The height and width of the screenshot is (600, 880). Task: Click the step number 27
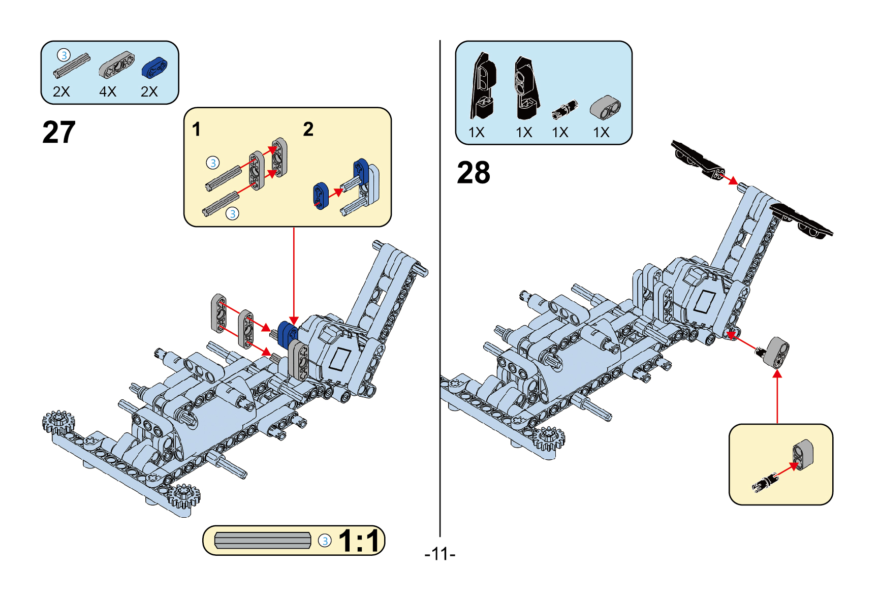tap(59, 133)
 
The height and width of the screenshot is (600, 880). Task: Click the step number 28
tap(473, 173)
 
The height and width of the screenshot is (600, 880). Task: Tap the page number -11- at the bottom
tap(439, 554)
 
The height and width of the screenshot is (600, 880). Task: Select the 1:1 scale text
tap(359, 541)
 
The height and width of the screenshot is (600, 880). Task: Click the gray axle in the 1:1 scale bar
tap(262, 541)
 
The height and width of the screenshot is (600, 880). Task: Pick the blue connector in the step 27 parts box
tap(154, 68)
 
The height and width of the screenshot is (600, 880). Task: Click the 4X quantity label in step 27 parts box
tap(108, 92)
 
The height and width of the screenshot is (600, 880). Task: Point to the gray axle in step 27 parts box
tap(72, 66)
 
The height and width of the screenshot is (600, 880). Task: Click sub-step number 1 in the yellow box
tap(197, 130)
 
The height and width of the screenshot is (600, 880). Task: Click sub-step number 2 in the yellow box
tap(308, 130)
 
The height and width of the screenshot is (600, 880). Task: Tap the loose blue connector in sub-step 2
tap(321, 196)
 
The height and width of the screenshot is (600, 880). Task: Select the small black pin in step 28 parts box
tap(565, 109)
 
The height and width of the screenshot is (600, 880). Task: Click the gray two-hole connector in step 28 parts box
tap(605, 107)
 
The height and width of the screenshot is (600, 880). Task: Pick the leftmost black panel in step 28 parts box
tap(483, 86)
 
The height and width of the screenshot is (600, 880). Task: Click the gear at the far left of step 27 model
tap(58, 422)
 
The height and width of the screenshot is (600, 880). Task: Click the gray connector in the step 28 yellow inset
tap(803, 455)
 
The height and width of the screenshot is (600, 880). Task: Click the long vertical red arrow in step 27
tap(294, 274)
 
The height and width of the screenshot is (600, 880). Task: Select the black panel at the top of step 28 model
tap(697, 159)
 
